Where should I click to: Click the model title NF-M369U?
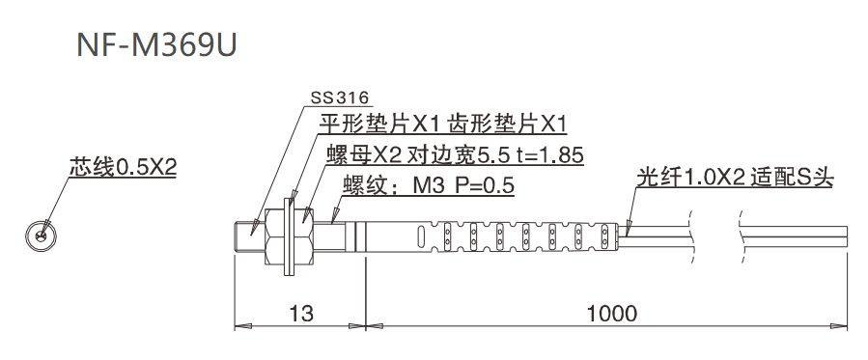[155, 45]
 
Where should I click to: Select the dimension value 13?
[300, 313]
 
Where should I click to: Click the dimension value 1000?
[610, 313]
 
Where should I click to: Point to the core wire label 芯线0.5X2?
[123, 167]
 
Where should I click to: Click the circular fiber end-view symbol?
[41, 234]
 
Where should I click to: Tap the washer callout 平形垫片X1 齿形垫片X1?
[442, 124]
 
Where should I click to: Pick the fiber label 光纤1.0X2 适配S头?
[736, 179]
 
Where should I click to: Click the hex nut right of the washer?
[308, 234]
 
